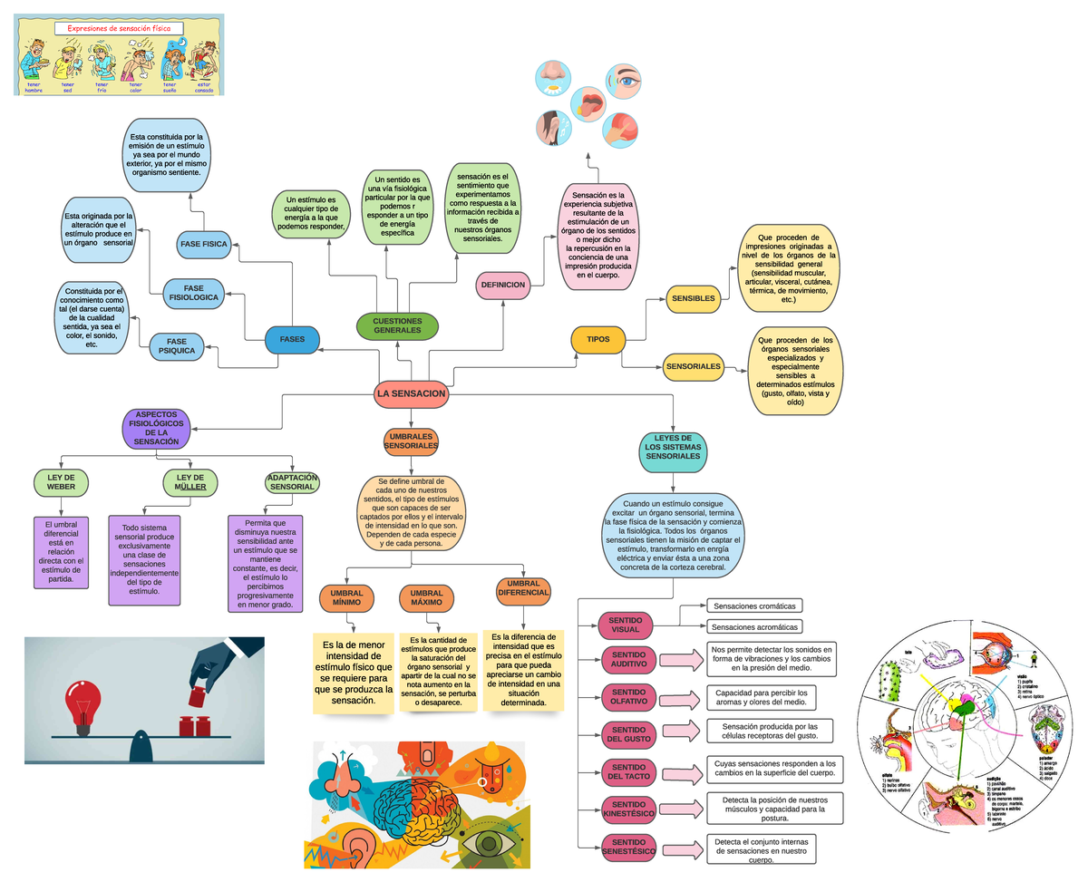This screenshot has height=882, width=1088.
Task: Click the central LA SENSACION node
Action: (x=412, y=394)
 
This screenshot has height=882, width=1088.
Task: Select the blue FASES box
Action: (x=292, y=340)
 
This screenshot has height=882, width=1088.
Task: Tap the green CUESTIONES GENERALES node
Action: (x=397, y=326)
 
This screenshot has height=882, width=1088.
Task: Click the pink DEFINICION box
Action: (x=502, y=285)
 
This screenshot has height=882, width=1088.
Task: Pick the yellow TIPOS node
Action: (x=597, y=340)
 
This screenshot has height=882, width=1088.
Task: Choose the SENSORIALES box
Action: (x=694, y=367)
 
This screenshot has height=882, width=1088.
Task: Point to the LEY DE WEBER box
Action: (x=61, y=482)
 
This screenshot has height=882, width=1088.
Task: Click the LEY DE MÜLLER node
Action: (x=190, y=482)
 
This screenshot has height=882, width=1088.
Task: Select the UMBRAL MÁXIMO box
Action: (x=426, y=598)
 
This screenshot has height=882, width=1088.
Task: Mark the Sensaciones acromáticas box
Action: (x=755, y=626)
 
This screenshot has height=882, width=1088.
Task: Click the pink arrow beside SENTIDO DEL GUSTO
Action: (x=681, y=732)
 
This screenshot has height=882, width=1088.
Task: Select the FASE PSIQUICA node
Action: (x=177, y=346)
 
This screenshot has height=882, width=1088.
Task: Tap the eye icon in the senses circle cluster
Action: (x=625, y=81)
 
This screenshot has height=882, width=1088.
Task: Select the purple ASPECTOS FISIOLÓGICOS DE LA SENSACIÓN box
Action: (x=156, y=428)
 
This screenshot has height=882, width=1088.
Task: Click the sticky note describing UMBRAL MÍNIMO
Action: (x=353, y=672)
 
